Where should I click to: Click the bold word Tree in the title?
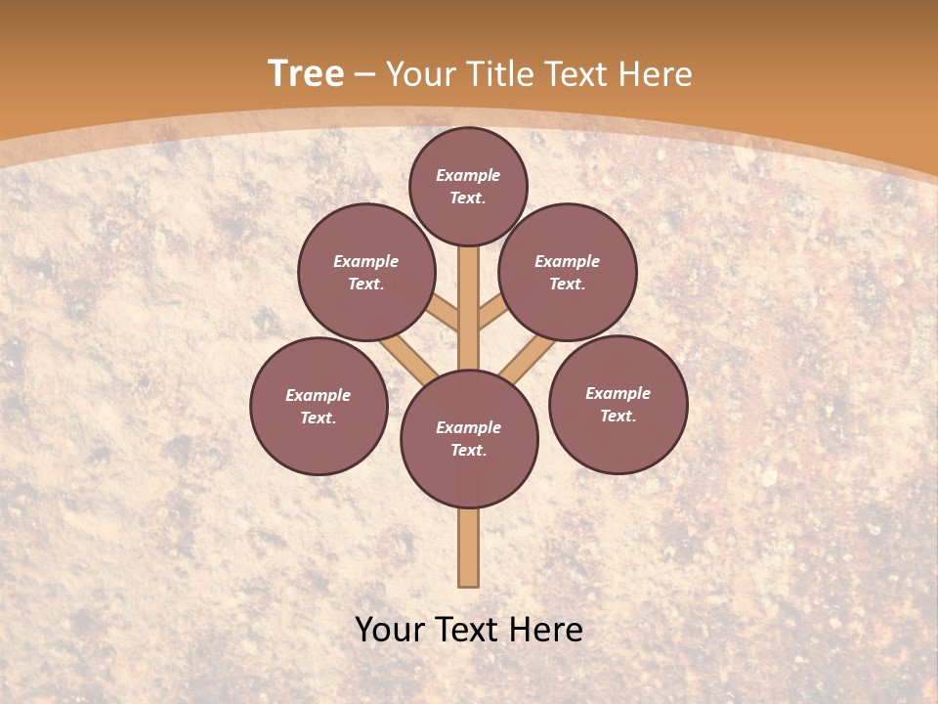pos(306,74)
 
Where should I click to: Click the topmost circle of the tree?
pos(468,186)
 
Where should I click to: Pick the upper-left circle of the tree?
pos(366,272)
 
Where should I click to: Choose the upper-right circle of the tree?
pos(568,272)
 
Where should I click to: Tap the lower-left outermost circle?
pos(319,406)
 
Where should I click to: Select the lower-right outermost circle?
pos(618,404)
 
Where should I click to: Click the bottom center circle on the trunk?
pos(469,439)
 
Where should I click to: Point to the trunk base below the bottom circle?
pos(469,548)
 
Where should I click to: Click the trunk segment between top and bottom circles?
pos(469,308)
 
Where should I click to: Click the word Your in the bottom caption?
pos(390,630)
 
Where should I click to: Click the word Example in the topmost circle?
pos(468,175)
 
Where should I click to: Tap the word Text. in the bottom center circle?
pos(468,450)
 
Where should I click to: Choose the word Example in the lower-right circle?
pos(618,393)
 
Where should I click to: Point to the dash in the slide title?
pos(365,74)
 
